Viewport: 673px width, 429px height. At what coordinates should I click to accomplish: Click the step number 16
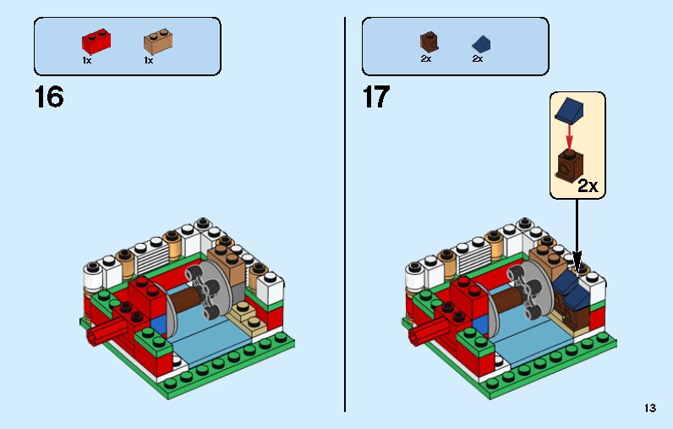[48, 97]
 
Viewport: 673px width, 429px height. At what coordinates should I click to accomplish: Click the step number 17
[376, 97]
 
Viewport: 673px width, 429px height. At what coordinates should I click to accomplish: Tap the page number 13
[649, 408]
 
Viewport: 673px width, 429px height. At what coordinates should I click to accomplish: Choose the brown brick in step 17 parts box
[428, 41]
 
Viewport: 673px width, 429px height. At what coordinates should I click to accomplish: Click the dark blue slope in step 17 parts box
[481, 43]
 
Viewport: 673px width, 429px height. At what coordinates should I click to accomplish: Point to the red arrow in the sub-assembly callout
[570, 135]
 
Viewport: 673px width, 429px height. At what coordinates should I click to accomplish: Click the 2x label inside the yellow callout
[588, 186]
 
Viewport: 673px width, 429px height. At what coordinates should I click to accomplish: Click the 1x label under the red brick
[87, 60]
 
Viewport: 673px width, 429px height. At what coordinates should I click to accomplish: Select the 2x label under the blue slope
[477, 59]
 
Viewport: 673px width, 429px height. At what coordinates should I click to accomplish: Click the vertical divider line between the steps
[345, 212]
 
